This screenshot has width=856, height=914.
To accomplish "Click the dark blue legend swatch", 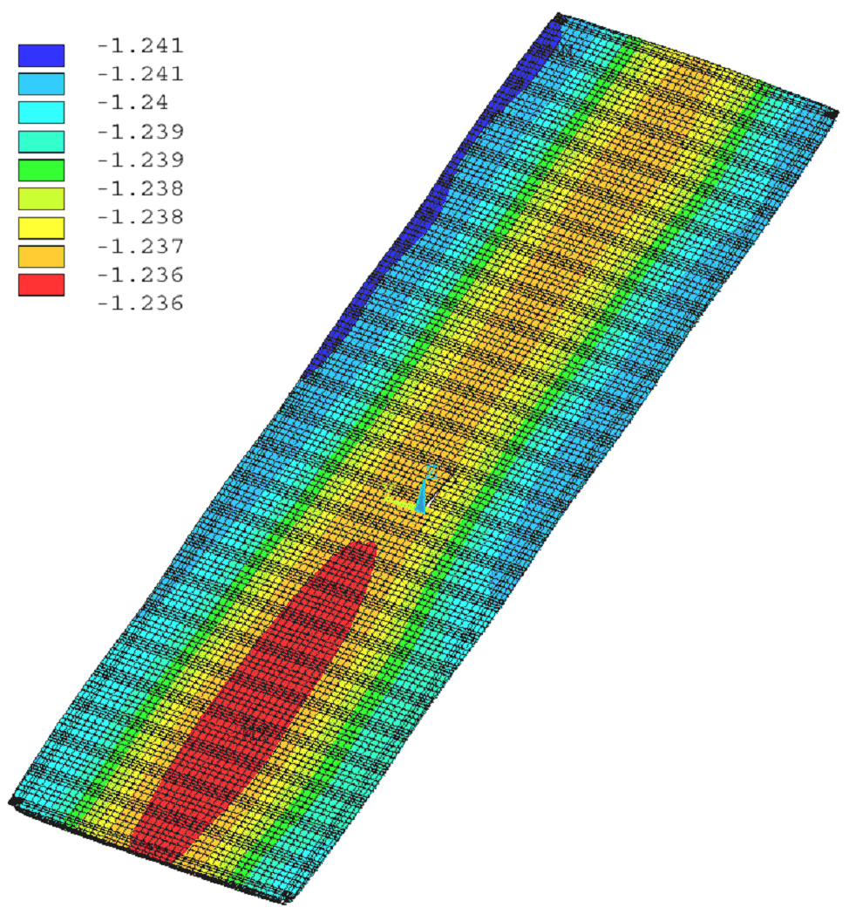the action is tap(41, 55).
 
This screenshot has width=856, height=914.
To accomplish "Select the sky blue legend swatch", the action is tap(41, 84).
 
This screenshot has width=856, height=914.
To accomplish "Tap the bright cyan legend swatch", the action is tap(41, 112).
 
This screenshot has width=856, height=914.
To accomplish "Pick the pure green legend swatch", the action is tap(41, 169).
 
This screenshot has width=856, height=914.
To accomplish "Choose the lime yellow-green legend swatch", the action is tap(41, 199).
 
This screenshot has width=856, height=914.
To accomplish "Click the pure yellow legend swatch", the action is tap(41, 228).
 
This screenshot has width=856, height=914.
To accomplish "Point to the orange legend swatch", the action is tap(41, 256).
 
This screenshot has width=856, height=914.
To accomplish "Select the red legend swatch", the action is tap(41, 284).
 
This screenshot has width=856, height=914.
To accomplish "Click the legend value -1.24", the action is tap(132, 103).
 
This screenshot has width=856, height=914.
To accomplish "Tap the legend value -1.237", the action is tap(140, 246).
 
